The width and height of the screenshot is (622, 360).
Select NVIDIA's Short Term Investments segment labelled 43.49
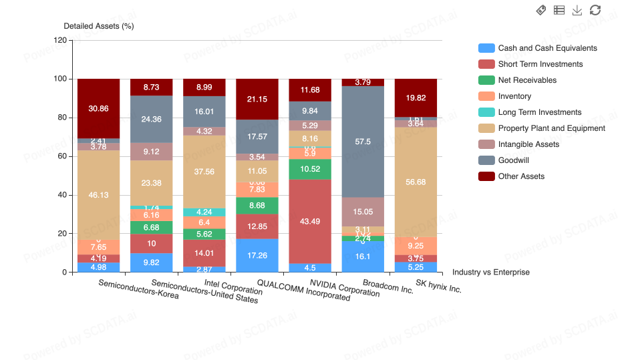tap(309, 221)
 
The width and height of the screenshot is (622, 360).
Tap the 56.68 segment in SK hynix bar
tap(416, 182)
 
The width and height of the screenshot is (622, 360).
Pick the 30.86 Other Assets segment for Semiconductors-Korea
tap(98, 108)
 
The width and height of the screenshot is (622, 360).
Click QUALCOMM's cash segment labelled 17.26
tap(257, 255)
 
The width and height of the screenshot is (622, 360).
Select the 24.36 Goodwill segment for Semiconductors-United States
tap(151, 119)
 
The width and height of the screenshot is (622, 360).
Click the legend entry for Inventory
tap(514, 96)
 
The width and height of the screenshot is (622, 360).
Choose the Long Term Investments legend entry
tap(539, 112)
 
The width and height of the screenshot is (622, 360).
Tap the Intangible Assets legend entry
tap(528, 144)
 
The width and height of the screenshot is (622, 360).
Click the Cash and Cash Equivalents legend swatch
tap(486, 48)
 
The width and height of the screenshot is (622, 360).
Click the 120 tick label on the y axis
tap(60, 40)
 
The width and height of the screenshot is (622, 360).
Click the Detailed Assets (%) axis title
tap(99, 26)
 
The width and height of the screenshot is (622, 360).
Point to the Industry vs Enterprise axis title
tap(490, 272)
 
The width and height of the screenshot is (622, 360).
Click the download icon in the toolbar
tap(577, 10)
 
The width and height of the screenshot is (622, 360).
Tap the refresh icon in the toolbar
tap(595, 10)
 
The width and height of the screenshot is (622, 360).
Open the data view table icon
tap(559, 10)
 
